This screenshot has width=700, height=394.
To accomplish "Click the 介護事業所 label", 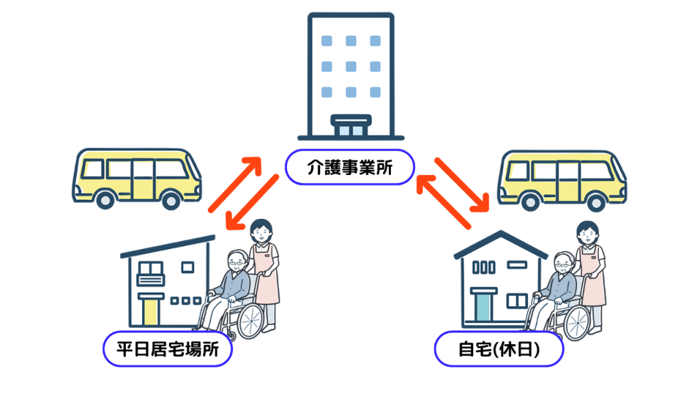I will point(349,166).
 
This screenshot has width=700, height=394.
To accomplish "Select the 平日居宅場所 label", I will point(167,350).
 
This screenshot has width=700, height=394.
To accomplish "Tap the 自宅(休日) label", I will point(498,350).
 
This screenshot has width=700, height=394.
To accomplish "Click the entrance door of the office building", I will point(350,129).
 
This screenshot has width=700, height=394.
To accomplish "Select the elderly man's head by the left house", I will point(237,261).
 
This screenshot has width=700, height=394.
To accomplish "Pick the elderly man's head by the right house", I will point(563,262).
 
